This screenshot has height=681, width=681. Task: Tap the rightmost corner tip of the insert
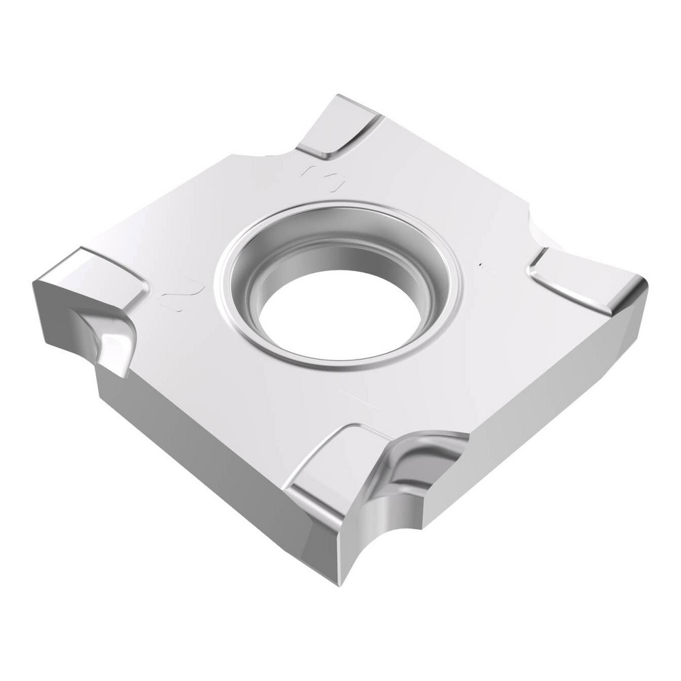pyautogui.click(x=644, y=283)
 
